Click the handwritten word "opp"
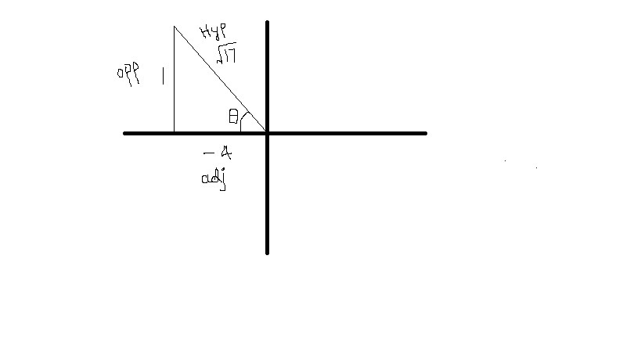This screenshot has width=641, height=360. click(x=128, y=76)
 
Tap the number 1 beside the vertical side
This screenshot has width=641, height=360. click(x=162, y=77)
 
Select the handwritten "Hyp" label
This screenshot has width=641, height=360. click(x=213, y=33)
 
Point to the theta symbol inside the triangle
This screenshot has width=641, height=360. click(x=233, y=117)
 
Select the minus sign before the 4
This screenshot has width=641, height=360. click(x=207, y=153)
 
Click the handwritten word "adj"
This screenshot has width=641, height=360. click(x=213, y=179)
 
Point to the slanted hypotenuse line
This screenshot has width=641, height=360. click(x=219, y=78)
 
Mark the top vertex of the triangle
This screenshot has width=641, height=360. click(x=174, y=26)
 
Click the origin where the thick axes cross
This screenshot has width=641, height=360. click(x=268, y=133)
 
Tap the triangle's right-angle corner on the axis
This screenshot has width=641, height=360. click(x=174, y=132)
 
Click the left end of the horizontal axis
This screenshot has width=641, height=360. click(x=125, y=133)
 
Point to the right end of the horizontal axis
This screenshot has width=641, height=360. click(x=425, y=133)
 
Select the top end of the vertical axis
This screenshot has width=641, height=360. click(x=268, y=23)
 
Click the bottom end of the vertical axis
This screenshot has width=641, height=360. click(x=268, y=252)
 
